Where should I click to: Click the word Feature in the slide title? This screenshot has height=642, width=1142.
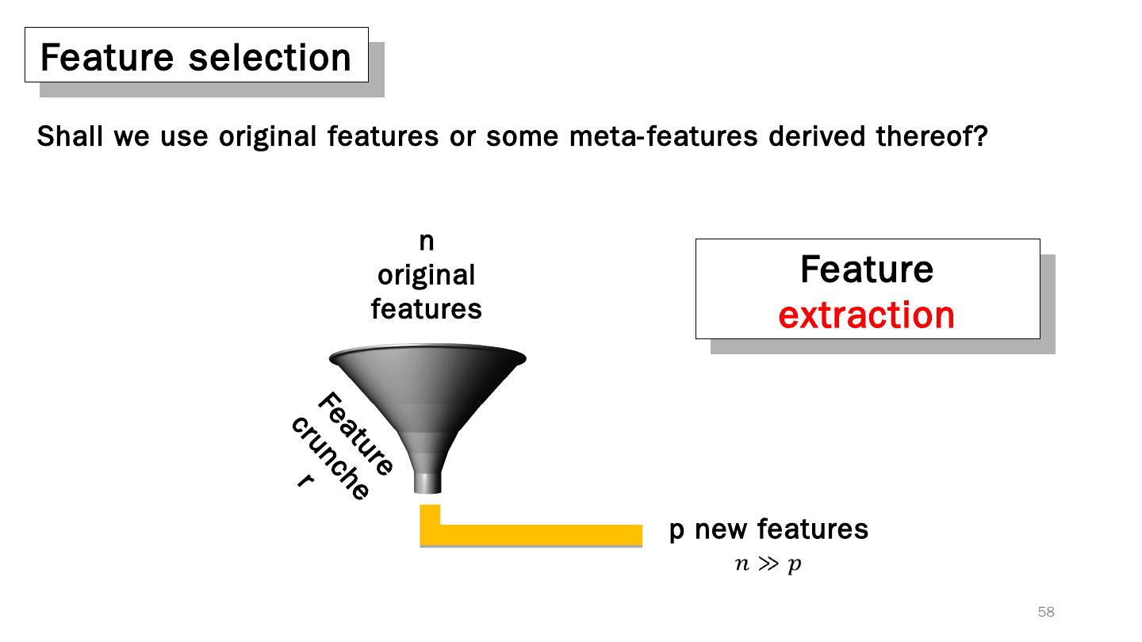tap(106, 57)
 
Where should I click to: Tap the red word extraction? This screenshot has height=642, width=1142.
tap(866, 315)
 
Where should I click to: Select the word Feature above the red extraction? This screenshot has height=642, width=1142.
tap(866, 269)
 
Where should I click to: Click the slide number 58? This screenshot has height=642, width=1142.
tap(1046, 612)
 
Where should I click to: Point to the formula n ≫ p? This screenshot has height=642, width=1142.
tap(768, 564)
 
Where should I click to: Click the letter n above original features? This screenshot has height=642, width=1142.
tap(426, 241)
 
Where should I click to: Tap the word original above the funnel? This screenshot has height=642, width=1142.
tap(426, 276)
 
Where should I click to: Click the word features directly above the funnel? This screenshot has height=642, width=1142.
tap(426, 308)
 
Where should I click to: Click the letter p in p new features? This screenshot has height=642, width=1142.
tap(676, 530)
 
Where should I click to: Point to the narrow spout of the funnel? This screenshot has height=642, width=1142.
tap(427, 482)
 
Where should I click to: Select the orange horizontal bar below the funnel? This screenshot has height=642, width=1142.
tap(539, 535)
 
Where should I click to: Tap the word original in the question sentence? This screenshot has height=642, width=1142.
tap(268, 136)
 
